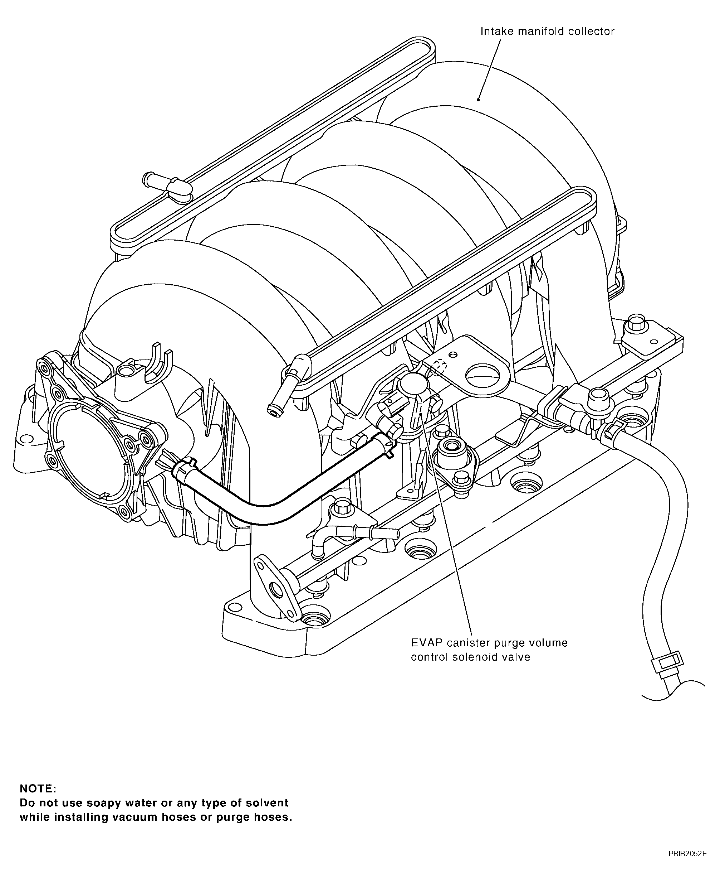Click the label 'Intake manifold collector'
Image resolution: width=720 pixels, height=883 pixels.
[547, 32]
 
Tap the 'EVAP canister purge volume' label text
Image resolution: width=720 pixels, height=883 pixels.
[489, 643]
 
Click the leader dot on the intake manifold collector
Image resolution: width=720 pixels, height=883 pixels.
[478, 100]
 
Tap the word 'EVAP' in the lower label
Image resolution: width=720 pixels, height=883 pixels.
[426, 643]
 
